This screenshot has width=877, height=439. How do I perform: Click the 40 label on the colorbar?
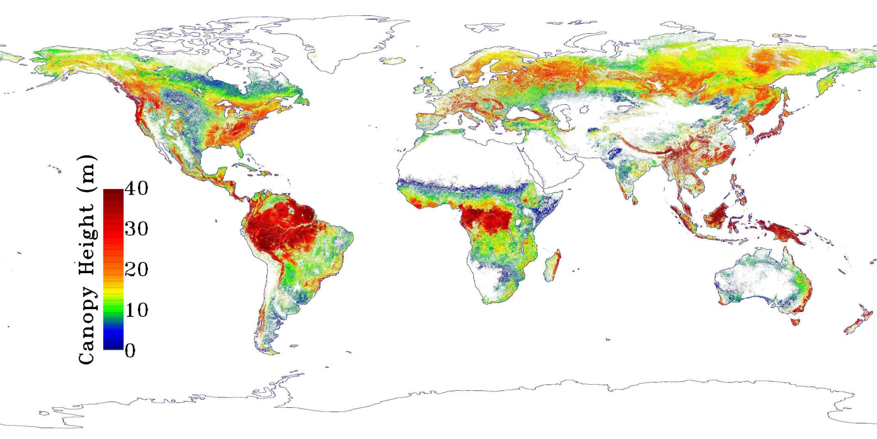(x=137, y=188)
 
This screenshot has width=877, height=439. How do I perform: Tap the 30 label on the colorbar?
(x=137, y=229)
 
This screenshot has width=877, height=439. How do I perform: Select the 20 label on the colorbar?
(x=137, y=269)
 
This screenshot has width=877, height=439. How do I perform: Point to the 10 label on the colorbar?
(x=137, y=310)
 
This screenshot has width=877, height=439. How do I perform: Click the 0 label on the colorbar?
(x=130, y=350)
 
